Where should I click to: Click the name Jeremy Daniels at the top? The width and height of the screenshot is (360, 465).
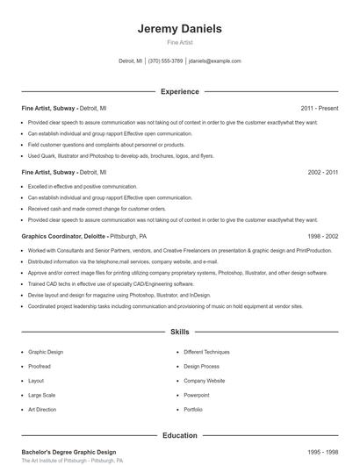click(x=179, y=28)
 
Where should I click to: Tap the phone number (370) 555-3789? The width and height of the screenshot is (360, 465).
click(x=165, y=61)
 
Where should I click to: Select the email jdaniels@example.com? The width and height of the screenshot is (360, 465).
click(x=214, y=61)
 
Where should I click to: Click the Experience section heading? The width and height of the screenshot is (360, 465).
click(x=179, y=91)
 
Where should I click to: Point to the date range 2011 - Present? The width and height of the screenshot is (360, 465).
click(x=319, y=108)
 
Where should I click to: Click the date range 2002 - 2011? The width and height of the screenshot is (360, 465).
click(x=322, y=173)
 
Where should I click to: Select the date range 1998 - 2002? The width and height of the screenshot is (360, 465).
click(x=322, y=237)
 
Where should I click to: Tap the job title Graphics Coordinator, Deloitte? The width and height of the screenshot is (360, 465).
click(x=63, y=237)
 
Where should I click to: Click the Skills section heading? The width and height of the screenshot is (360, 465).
click(x=179, y=333)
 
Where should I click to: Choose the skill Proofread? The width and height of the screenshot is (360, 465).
click(x=40, y=366)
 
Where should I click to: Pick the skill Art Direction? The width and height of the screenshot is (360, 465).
click(x=42, y=409)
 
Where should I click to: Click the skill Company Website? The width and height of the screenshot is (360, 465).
click(x=204, y=381)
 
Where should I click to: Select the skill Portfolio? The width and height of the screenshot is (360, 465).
click(x=193, y=409)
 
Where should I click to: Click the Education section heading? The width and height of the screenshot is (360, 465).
click(x=179, y=435)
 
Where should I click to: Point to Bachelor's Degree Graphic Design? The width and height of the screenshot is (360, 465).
click(x=68, y=451)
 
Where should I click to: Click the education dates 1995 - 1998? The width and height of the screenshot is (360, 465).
click(x=322, y=451)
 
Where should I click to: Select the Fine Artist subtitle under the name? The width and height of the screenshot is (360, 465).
click(x=179, y=42)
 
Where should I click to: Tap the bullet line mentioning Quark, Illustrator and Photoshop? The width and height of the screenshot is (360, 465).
click(x=109, y=155)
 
